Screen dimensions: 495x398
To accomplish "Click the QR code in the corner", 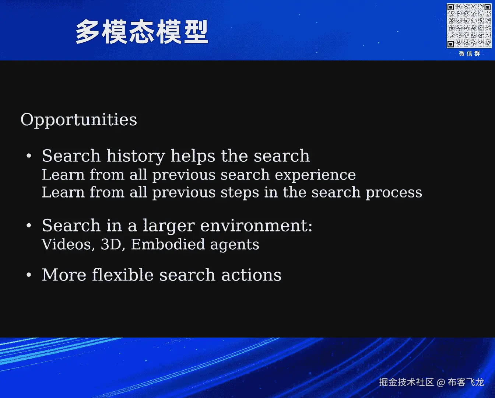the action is pos(469,26).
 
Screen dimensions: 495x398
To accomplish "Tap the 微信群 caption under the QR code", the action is pos(469,54).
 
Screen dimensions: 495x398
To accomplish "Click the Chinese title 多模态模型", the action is pos(142,32).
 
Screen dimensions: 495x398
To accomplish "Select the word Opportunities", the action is pos(79,120).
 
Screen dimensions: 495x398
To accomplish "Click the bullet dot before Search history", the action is pos(29,156).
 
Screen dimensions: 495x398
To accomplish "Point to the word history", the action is pos(136,156).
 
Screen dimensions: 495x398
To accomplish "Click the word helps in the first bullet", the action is pos(193,156).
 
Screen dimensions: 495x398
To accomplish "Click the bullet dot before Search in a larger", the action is pos(29,226).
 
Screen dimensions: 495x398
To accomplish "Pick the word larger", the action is pos(169,226).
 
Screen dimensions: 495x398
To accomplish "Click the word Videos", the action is pos(68,244).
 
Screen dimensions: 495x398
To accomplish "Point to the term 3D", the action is pos(111,244).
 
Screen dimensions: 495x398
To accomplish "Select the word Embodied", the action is pos(168,244).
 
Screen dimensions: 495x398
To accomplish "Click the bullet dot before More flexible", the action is pos(29,275).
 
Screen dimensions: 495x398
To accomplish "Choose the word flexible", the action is pos(123,275).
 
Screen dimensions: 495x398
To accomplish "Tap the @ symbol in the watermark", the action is pos(440,383).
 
